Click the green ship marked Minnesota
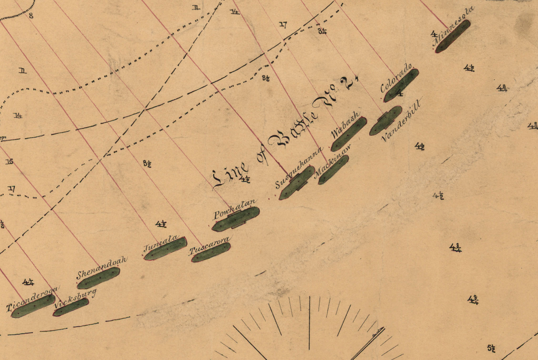tap(453, 36)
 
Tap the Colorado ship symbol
tap(401, 86)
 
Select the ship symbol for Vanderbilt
tap(386, 121)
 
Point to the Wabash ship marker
tap(349, 134)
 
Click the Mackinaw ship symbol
tap(333, 170)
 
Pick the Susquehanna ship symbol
tap(297, 183)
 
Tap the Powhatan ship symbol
tap(236, 219)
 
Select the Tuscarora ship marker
tap(211, 253)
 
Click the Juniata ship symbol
tap(166, 249)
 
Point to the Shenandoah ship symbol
tap(99, 278)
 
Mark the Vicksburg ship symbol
tap(71, 307)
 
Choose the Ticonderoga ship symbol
tap(33, 306)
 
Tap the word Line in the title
tap(231, 173)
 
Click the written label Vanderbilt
tap(403, 119)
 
